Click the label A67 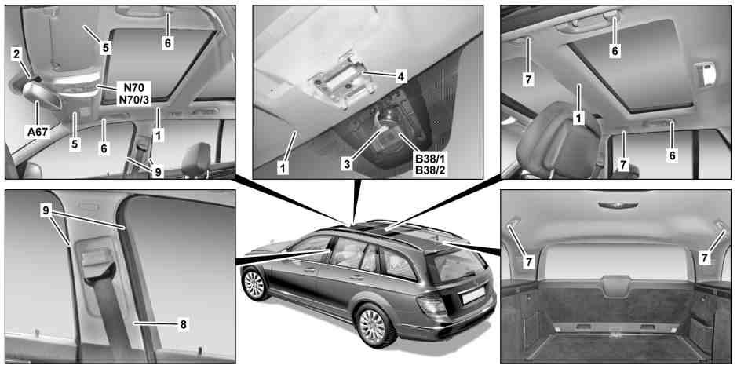click(x=38, y=132)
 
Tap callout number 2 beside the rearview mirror click(x=16, y=54)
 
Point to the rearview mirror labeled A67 click(x=42, y=95)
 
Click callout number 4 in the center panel click(x=400, y=75)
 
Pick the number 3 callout click(x=348, y=164)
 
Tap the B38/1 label click(x=429, y=159)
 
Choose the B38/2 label click(x=429, y=170)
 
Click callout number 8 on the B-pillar click(x=184, y=324)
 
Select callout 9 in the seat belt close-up click(x=46, y=210)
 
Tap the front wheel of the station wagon click(x=254, y=284)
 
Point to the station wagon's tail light click(x=431, y=305)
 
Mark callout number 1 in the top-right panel click(x=578, y=118)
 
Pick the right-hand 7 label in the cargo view click(x=704, y=258)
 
